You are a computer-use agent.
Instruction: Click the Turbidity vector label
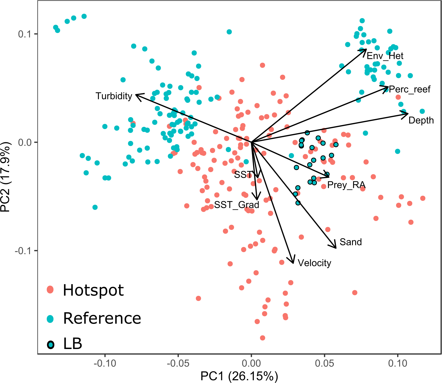114,96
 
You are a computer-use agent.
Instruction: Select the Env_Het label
385,56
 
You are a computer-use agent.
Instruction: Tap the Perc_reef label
410,89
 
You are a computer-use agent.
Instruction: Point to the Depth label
421,120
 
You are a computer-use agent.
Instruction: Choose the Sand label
350,242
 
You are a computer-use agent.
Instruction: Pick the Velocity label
314,263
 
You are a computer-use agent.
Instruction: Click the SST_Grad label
236,205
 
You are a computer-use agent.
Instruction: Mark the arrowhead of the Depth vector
407,114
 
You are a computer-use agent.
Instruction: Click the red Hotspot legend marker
50,290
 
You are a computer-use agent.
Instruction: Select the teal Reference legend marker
50,319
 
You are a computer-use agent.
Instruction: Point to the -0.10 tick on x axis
105,363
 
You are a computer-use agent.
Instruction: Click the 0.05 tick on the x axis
324,363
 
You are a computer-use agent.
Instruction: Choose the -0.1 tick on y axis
24,251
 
